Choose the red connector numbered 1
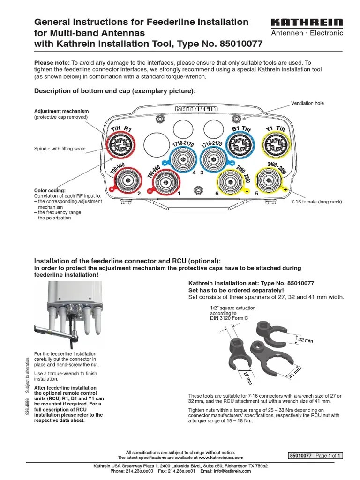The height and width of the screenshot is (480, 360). coord(164,180)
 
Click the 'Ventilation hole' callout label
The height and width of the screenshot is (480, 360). coord(307,103)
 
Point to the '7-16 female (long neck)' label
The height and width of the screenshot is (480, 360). coord(316,202)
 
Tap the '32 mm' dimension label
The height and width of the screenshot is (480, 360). coord(305,340)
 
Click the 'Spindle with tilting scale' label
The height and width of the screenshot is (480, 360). coord(60,149)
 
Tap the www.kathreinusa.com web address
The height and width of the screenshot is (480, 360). coord(220,457)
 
